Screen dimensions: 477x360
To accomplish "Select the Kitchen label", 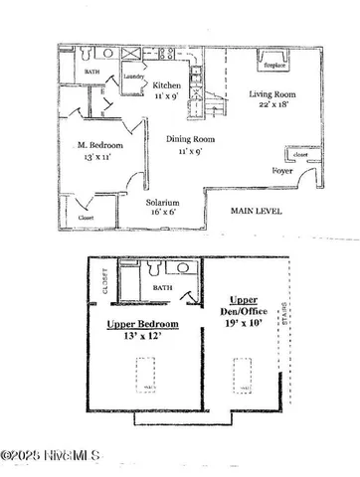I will point(167,86).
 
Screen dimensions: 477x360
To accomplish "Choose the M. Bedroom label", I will point(99,147).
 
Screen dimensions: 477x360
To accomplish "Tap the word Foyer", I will point(282,171).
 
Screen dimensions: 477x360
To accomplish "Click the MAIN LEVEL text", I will point(257,211).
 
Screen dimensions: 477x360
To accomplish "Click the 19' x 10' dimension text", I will point(245,324).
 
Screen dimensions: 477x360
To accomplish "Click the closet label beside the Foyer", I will point(297,155).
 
